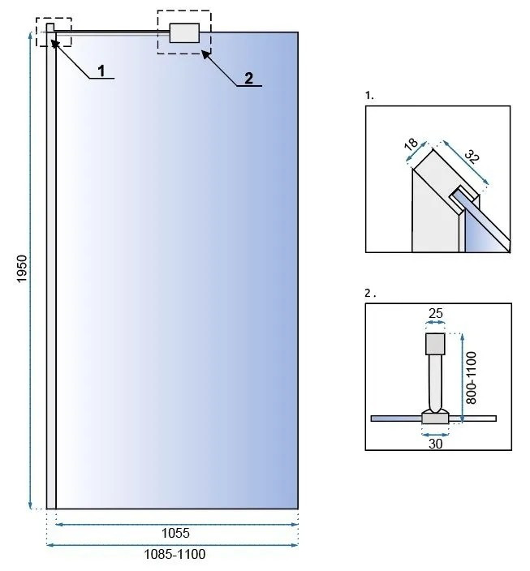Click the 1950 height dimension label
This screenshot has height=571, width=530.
click(x=22, y=268)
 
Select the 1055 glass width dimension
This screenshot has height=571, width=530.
click(x=175, y=533)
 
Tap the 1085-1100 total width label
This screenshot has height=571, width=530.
click(x=175, y=554)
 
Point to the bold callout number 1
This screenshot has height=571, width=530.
click(x=101, y=71)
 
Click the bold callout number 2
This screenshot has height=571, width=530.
click(x=248, y=79)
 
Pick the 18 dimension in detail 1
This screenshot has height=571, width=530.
click(x=412, y=144)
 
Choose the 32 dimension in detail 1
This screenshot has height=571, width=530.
click(x=472, y=157)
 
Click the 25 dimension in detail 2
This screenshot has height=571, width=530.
click(x=436, y=313)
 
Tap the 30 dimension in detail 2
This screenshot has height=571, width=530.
click(x=436, y=444)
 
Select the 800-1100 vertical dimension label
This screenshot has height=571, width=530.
click(x=472, y=378)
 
